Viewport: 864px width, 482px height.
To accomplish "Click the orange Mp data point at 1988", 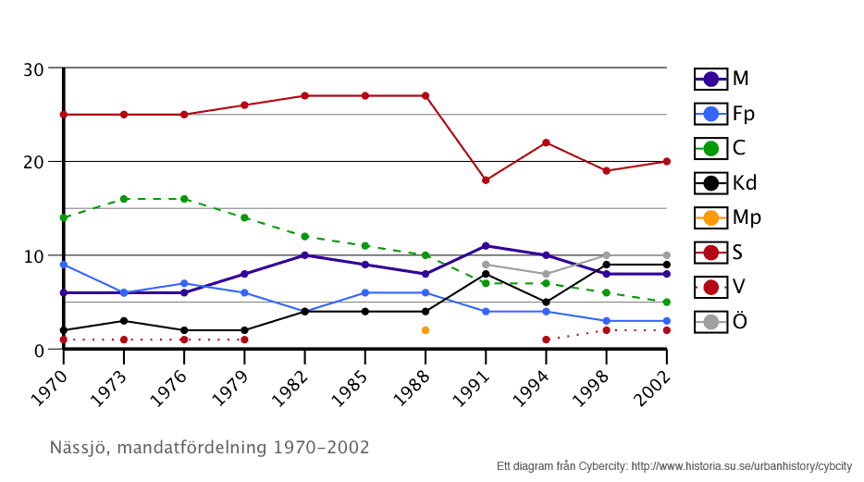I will tap(426, 330).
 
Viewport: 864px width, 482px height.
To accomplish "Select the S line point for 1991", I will tap(486, 180).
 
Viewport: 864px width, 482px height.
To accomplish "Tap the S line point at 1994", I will tap(546, 142).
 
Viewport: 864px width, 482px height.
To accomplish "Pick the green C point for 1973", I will tap(124, 199).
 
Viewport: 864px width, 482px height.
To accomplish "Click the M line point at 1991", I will tap(486, 246).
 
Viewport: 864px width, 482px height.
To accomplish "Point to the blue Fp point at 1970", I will tap(63, 265).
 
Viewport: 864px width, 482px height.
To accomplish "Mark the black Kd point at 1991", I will tap(486, 274).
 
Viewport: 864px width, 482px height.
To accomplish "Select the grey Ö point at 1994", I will tap(546, 274).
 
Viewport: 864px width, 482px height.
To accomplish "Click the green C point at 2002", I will tap(666, 303).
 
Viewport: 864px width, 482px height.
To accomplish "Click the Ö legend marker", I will tap(710, 322).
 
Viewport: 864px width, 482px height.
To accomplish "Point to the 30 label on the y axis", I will tap(34, 69).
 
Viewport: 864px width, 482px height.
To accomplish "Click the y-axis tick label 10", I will tap(34, 256).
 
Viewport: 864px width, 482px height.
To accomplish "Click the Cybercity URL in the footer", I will tap(741, 466).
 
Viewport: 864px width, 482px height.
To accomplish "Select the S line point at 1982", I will tap(304, 96).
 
